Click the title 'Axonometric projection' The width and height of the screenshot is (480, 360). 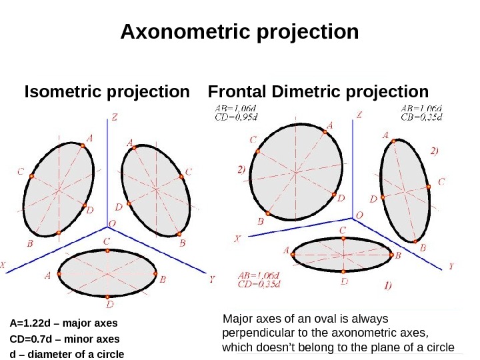[239, 32]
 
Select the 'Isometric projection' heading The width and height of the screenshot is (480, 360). [107, 91]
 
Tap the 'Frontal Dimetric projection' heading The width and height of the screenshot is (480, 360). [319, 91]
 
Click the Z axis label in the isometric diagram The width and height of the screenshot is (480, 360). [115, 117]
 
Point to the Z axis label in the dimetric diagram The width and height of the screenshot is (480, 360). [359, 115]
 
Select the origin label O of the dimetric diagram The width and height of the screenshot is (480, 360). [360, 215]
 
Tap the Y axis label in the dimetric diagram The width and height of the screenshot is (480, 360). [451, 265]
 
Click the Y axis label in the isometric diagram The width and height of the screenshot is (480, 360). [212, 280]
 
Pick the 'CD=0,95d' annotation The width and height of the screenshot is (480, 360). [235, 119]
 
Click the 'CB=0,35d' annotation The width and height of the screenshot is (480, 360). [421, 118]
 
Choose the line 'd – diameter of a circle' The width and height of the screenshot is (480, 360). [67, 353]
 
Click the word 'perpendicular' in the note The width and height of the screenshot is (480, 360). [254, 332]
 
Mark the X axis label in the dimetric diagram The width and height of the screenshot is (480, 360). [237, 238]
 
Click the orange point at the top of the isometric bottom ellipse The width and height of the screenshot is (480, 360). [107, 251]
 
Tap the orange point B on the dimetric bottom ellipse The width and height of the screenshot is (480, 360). [390, 254]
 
